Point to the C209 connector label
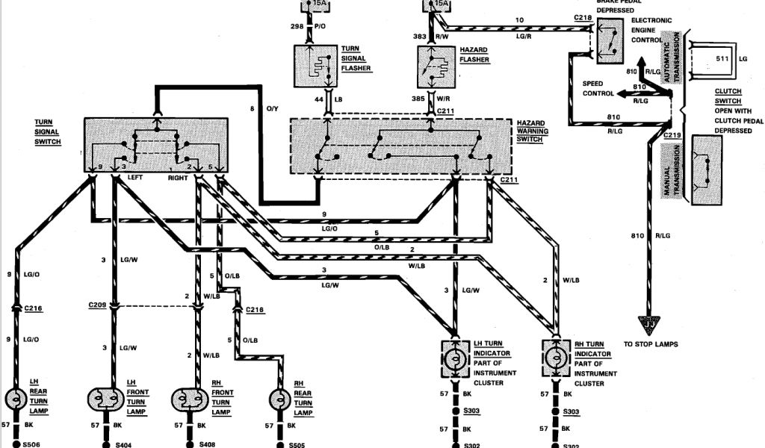pyautogui.click(x=96, y=305)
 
